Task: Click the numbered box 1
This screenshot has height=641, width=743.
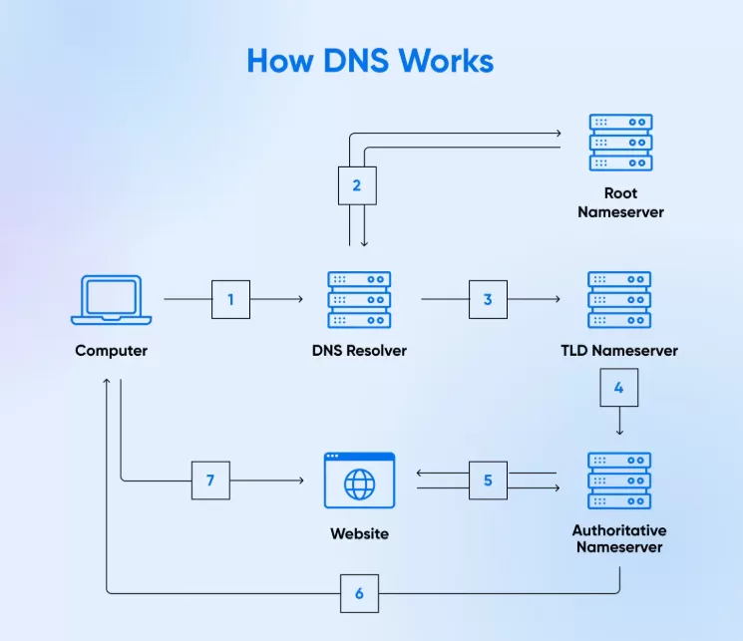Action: pos(230,299)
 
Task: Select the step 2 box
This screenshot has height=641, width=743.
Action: pos(357,184)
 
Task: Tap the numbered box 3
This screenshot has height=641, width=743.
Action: pos(488,299)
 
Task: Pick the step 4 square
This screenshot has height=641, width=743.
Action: pos(618,388)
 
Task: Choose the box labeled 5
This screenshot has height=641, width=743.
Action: pos(488,481)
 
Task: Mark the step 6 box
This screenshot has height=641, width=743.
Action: pos(359,594)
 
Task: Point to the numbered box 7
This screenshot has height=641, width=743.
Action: pos(210,481)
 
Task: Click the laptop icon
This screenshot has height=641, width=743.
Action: pos(111,300)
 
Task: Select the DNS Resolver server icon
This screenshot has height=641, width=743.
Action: pos(359,299)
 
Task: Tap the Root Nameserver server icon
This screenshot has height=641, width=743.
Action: pos(620,142)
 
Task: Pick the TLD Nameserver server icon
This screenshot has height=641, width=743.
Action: pos(619,299)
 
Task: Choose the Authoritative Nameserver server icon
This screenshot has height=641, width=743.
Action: pos(619,481)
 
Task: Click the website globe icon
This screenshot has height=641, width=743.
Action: pos(359,481)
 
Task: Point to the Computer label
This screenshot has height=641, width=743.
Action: pos(111,351)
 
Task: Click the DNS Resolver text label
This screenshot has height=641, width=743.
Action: pos(359,351)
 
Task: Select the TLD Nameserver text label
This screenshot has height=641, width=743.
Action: pos(619,351)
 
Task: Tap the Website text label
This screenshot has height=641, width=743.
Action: pos(359,534)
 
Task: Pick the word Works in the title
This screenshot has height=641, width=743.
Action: pos(446,61)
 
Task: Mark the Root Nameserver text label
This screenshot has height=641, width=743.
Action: pos(620,202)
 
